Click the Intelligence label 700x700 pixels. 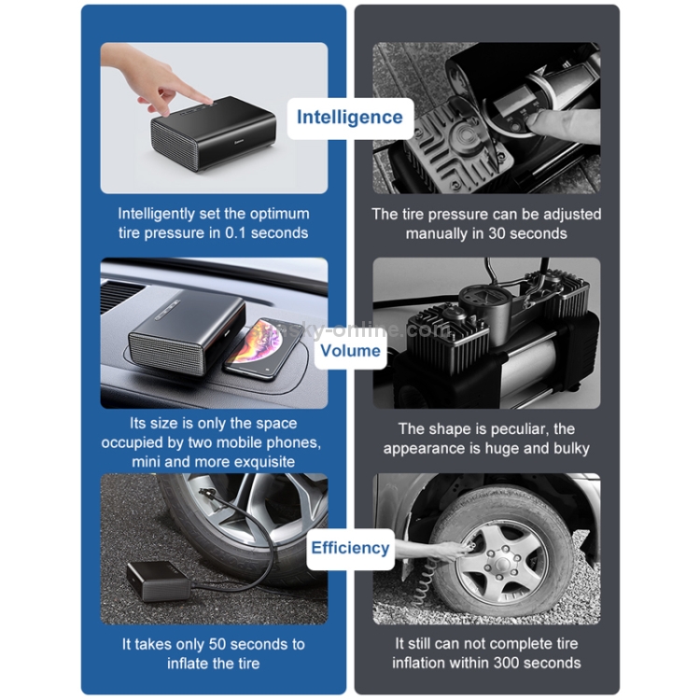(x=350, y=118)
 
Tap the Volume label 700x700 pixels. (x=350, y=351)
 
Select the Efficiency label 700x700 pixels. (x=350, y=548)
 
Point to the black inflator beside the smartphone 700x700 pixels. (x=187, y=329)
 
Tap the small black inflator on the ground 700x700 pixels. (x=158, y=581)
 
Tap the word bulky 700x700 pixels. (x=572, y=448)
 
